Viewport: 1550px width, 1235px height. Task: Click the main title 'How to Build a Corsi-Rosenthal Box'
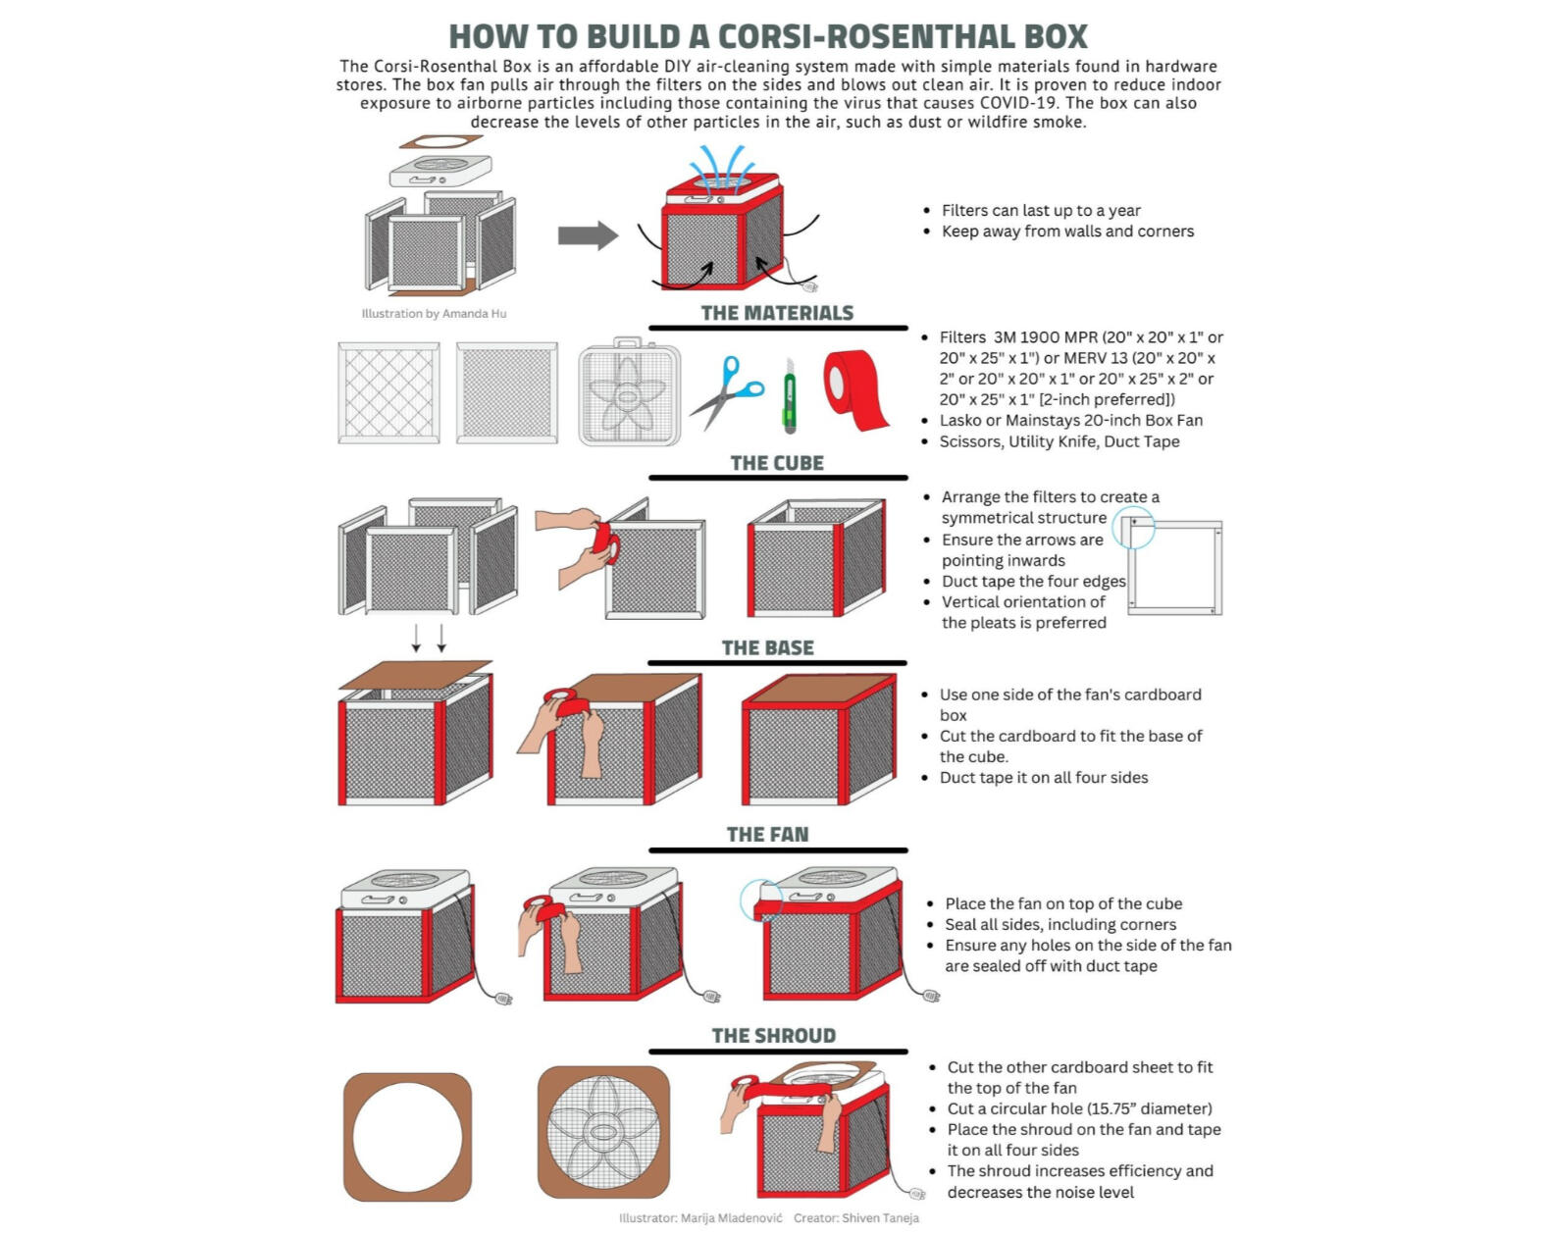(x=768, y=36)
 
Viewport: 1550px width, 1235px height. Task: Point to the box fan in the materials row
(x=628, y=392)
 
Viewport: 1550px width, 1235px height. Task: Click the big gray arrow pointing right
(x=588, y=235)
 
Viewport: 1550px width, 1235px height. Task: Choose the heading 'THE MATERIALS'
(x=777, y=313)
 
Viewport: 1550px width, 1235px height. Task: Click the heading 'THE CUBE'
(x=777, y=463)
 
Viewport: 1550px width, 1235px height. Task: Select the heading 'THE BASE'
(x=767, y=648)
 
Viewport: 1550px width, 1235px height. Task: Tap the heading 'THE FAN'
(x=767, y=835)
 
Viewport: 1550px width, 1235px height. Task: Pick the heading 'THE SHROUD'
(x=774, y=1036)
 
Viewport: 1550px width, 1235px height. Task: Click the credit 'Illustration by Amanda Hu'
(x=434, y=314)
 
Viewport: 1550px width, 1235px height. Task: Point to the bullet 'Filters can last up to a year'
(x=1041, y=210)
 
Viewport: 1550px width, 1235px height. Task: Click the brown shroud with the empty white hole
(x=407, y=1136)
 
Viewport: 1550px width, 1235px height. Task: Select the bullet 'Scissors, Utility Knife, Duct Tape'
(x=1059, y=441)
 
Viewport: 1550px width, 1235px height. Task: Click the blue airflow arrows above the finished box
(x=721, y=165)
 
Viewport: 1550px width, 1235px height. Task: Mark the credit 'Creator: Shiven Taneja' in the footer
(x=856, y=1218)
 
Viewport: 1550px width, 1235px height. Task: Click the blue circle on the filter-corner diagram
(x=1134, y=528)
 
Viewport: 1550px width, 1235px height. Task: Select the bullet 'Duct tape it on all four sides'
(x=1044, y=778)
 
